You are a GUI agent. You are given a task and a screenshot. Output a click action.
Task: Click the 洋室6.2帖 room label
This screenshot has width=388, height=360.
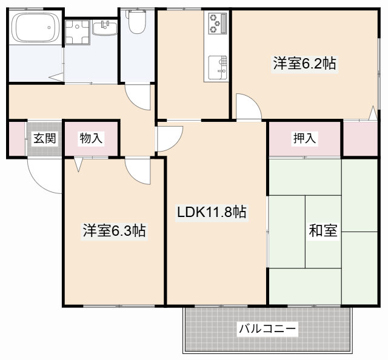coord(304,64)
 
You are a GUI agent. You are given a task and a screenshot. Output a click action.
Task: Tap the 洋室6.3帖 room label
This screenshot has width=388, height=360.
coord(114,231)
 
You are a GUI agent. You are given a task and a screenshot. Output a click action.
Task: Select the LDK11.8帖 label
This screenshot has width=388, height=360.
coord(211,212)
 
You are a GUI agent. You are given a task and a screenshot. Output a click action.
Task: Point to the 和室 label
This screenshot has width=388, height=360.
coord(323,231)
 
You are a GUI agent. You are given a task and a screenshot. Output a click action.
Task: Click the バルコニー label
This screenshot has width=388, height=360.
coord(267,329)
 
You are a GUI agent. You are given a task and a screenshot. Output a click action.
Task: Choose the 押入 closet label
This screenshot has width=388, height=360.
coord(304,139)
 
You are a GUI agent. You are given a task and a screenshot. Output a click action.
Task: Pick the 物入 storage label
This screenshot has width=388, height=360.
coord(92,139)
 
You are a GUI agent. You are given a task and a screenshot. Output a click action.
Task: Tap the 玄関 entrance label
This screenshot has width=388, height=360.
coord(44,138)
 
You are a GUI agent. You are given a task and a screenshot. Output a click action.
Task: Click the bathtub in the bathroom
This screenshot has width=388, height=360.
coord(35,28)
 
